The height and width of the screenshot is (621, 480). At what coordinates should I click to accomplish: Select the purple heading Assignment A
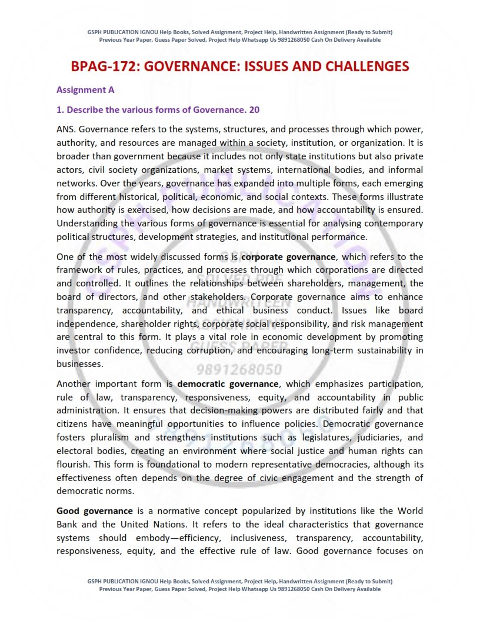tap(85, 90)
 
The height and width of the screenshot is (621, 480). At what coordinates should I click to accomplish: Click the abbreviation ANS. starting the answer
tap(66, 129)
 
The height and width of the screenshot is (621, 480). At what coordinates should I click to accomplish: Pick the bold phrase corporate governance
tap(288, 257)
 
